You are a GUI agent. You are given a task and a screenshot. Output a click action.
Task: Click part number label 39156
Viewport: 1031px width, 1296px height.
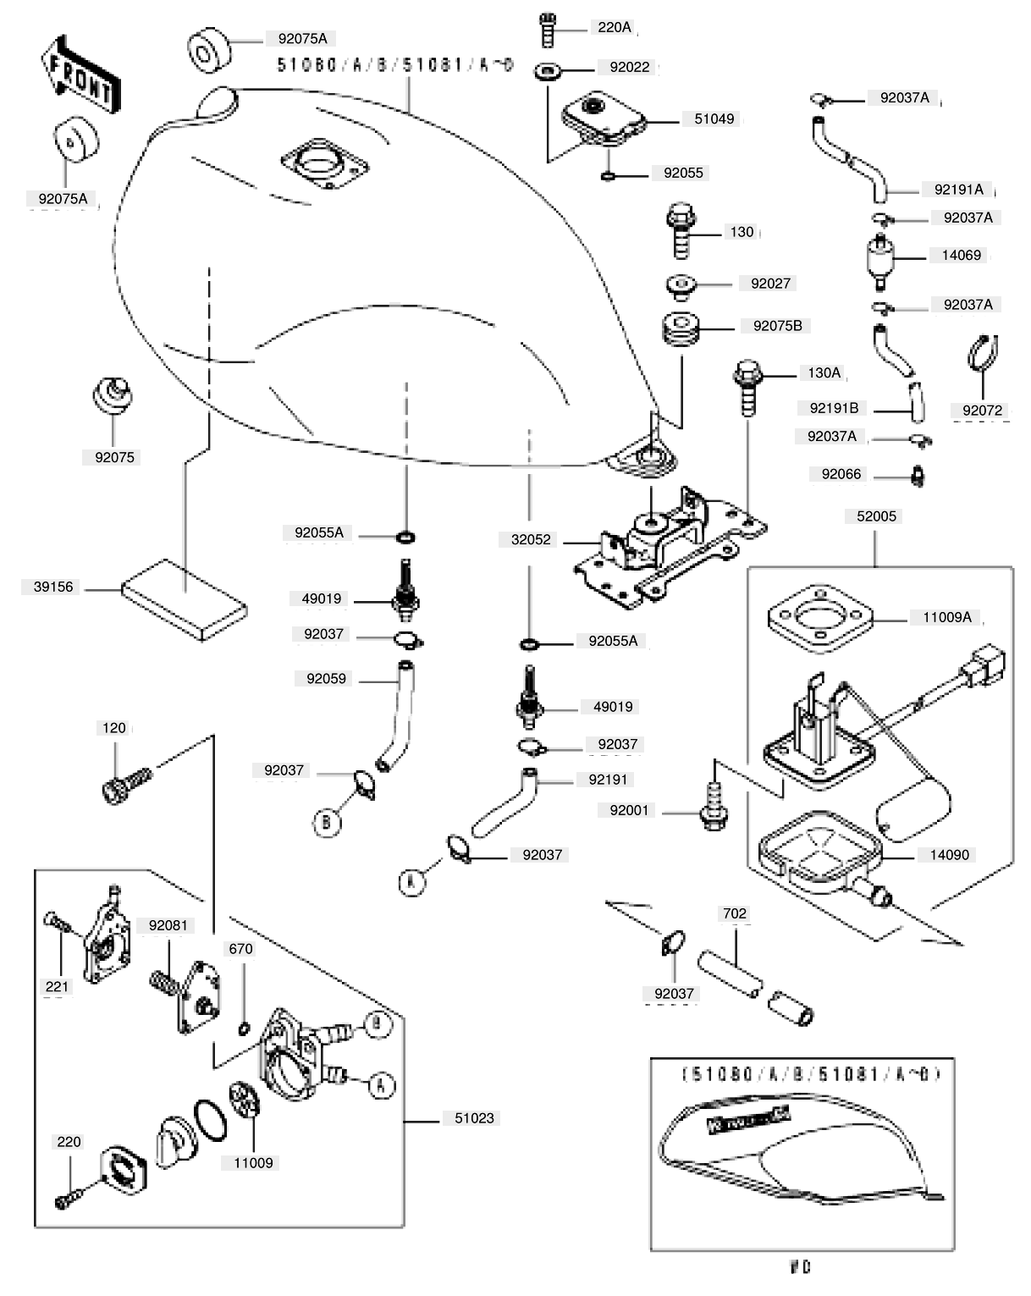[53, 587]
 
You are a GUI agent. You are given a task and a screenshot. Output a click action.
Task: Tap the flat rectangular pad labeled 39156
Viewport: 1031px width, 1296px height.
[184, 599]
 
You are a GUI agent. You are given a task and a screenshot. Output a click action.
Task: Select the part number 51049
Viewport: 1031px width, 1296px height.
[714, 119]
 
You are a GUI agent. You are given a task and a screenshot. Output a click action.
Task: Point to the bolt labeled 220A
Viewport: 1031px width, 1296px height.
[548, 30]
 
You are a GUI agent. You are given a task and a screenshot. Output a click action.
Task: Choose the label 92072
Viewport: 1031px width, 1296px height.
[982, 411]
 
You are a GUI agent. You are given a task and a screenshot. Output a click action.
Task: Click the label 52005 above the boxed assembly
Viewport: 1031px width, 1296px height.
[876, 516]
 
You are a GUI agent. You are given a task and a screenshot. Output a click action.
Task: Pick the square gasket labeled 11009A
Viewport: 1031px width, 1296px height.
[819, 618]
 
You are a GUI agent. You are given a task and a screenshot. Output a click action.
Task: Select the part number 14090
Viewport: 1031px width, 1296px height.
[949, 855]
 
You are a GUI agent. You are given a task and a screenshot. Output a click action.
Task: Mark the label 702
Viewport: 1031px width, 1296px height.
[734, 913]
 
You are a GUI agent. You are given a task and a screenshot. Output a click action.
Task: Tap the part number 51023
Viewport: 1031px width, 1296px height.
[474, 1118]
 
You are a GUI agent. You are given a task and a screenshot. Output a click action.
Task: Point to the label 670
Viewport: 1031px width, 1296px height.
[240, 949]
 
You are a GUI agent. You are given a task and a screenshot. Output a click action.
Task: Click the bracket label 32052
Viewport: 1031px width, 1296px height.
[531, 539]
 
